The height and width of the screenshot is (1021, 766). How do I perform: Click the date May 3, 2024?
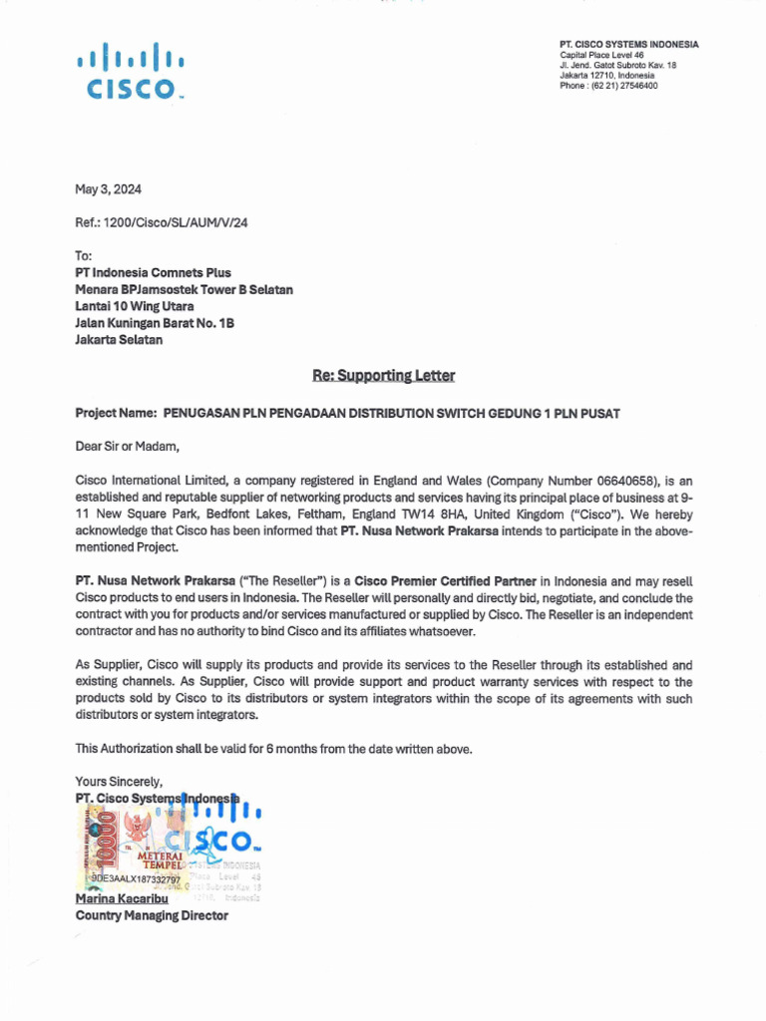click(108, 189)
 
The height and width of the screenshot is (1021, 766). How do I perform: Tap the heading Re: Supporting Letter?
click(384, 376)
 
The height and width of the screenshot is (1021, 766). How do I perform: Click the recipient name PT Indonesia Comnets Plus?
click(153, 272)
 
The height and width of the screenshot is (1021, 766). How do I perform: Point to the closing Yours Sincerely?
click(119, 781)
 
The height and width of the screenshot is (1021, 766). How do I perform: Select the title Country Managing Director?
click(152, 915)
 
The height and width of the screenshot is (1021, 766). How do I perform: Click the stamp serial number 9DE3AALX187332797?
click(136, 880)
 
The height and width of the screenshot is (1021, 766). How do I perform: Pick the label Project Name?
click(116, 413)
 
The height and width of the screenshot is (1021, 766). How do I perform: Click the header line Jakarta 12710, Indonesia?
click(607, 75)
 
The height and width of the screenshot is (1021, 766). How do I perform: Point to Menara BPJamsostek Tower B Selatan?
click(185, 289)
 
